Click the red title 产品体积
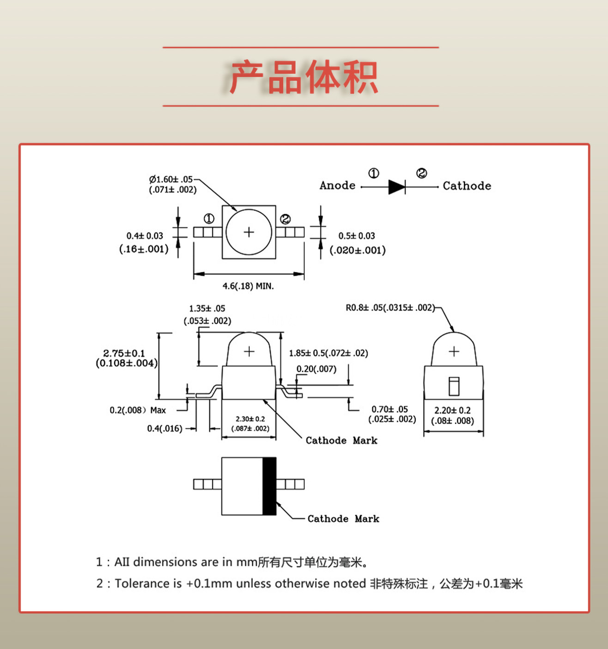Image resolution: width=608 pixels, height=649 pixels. tap(304, 77)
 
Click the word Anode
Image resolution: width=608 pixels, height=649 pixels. tap(337, 186)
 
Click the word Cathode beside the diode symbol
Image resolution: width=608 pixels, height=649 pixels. tap(467, 186)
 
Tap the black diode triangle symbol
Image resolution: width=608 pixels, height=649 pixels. tap(396, 187)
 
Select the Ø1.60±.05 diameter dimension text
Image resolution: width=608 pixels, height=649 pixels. tap(171, 179)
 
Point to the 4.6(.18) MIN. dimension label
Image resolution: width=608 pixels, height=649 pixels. tap(248, 286)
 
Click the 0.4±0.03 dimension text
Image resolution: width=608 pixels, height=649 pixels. tap(145, 236)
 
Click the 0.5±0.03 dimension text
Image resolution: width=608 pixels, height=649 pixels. tap(357, 236)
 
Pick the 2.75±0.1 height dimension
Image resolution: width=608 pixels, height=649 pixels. tap(124, 353)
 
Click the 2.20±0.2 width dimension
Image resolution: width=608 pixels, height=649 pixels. tap(452, 410)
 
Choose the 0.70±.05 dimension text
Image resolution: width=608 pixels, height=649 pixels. tap(389, 409)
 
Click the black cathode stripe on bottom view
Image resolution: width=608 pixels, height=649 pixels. tap(269, 486)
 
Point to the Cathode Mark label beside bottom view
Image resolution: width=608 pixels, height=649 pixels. tap(343, 519)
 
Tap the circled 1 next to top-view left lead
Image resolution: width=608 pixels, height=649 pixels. tap(209, 219)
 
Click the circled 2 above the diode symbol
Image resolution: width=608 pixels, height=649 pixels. tap(421, 173)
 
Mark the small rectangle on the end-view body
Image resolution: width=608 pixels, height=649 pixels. tap(454, 386)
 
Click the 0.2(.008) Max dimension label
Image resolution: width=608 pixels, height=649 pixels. tap(138, 410)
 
